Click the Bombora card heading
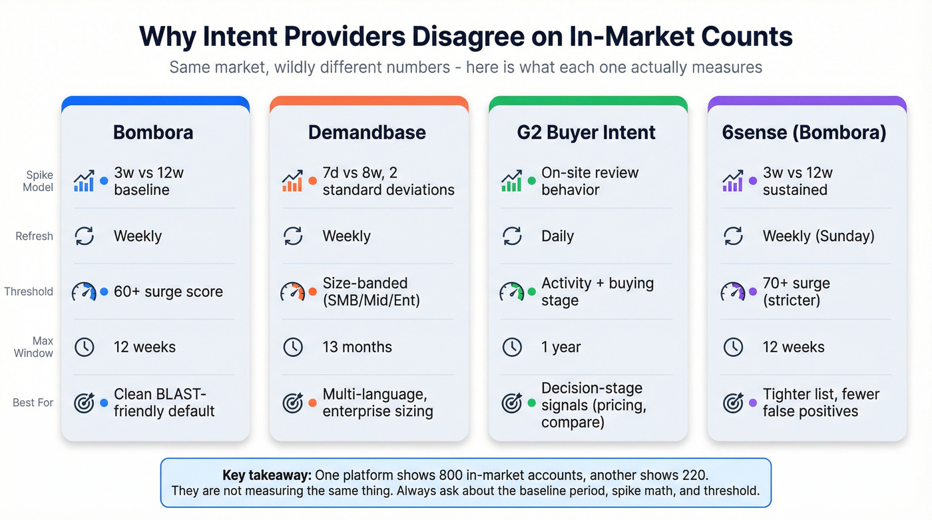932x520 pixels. [153, 132]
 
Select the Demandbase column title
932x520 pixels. [367, 132]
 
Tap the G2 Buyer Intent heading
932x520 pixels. [586, 132]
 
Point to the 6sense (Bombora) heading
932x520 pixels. [804, 132]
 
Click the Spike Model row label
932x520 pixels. [39, 181]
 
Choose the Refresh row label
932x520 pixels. [34, 236]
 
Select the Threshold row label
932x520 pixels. [29, 292]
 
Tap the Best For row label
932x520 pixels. [33, 402]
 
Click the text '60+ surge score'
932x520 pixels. [168, 292]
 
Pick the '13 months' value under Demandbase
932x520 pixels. [357, 347]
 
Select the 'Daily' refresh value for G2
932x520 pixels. [557, 236]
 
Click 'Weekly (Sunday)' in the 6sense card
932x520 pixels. [818, 236]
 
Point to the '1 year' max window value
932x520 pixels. [561, 347]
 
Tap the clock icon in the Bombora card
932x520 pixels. [85, 347]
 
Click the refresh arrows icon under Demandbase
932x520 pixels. [293, 236]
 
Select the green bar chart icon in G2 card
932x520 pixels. [511, 181]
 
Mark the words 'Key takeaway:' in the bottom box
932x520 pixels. [266, 475]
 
